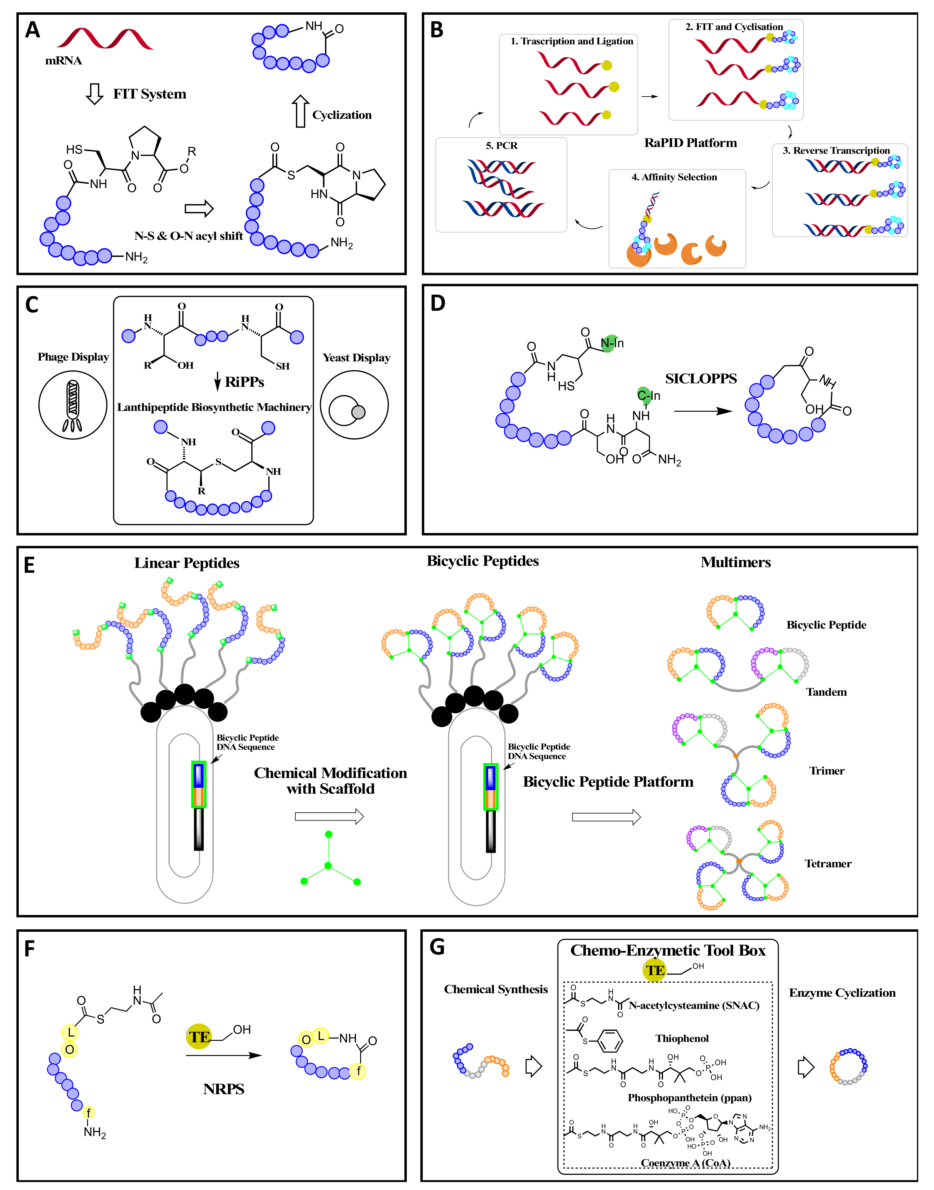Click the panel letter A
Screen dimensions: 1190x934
33,30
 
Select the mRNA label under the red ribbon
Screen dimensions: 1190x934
64,61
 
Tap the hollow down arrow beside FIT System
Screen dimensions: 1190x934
95,94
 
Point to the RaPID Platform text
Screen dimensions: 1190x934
690,143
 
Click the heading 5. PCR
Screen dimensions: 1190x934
501,146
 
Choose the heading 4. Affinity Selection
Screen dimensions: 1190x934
674,177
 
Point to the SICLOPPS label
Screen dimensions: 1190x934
701,379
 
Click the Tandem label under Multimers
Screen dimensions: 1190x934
826,692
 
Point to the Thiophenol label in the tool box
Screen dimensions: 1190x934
682,1038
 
